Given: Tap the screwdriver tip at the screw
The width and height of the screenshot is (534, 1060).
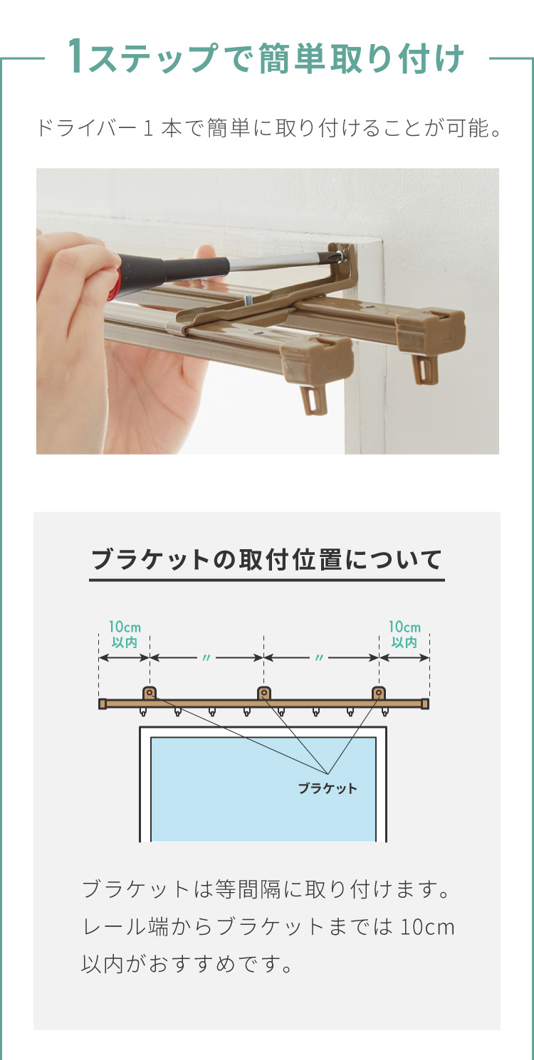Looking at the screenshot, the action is click(x=339, y=257).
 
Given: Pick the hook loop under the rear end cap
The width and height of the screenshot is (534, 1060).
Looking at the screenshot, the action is click(x=424, y=370).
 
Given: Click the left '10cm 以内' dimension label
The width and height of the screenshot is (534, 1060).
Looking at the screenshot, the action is click(x=125, y=635).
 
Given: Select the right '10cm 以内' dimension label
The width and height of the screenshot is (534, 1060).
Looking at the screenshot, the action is click(x=404, y=635).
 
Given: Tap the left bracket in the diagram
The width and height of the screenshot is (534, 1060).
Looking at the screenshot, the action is click(x=150, y=693).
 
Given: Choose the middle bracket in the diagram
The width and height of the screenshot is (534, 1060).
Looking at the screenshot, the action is click(x=263, y=693).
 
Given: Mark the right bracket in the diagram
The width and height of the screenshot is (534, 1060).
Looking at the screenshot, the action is click(x=378, y=693).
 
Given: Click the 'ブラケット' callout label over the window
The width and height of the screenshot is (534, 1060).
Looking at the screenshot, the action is click(x=328, y=789).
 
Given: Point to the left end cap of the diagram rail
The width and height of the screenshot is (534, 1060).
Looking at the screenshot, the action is click(x=102, y=704).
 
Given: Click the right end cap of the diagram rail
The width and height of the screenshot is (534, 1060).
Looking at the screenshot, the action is click(x=425, y=704).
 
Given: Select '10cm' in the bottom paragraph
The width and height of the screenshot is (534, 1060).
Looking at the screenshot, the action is click(x=427, y=927).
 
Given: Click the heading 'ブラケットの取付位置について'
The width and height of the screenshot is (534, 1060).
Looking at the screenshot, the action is click(x=267, y=560).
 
